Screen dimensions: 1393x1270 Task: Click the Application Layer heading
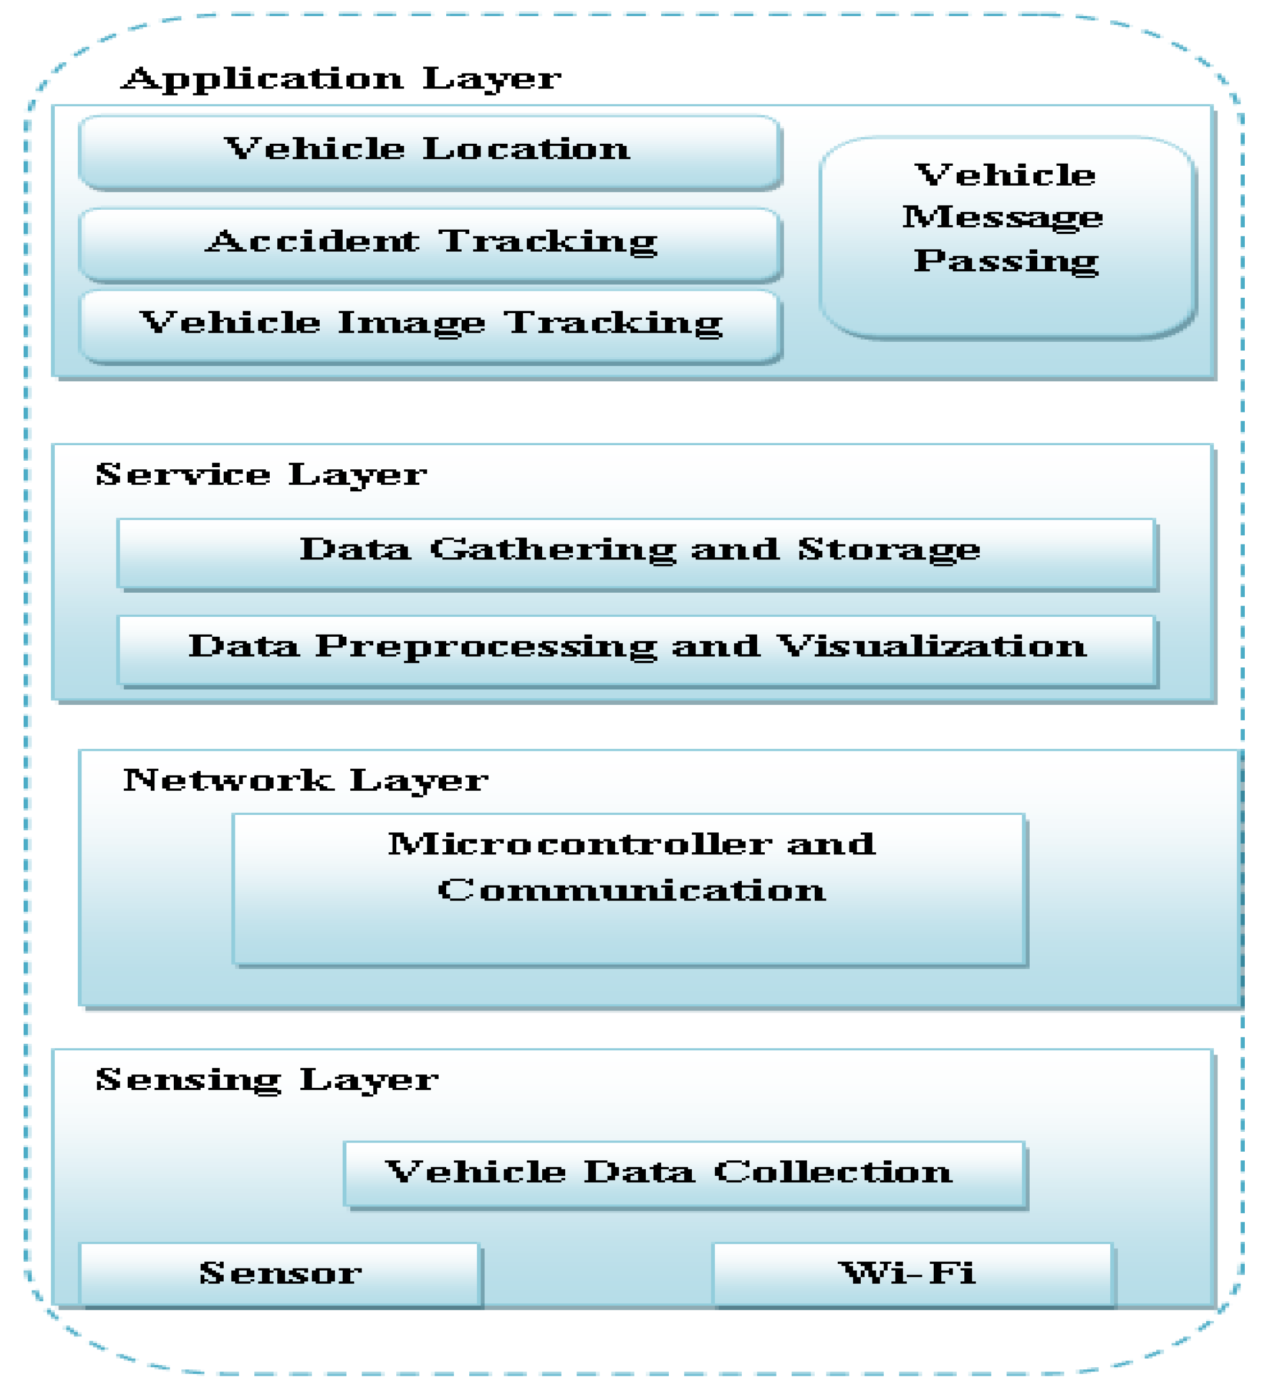(x=341, y=78)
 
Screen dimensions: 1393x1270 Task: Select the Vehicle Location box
(x=429, y=151)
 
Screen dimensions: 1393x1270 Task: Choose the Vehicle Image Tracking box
(x=429, y=325)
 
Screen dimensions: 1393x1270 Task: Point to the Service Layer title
(x=261, y=475)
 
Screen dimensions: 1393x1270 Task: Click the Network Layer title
(x=305, y=781)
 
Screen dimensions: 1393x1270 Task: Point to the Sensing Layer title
(x=267, y=1079)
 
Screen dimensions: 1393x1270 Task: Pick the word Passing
(x=1006, y=262)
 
